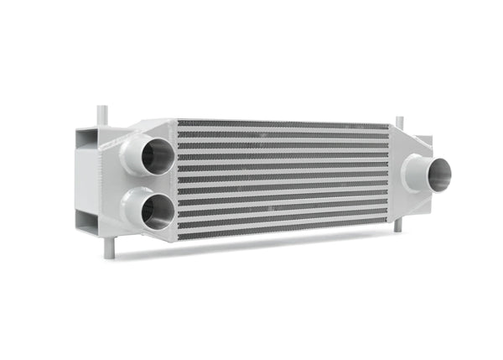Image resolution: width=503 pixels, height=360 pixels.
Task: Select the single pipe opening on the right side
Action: coord(439,174)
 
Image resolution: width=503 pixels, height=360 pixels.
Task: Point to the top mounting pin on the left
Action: coord(102,115)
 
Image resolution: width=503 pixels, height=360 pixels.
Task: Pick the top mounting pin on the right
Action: coord(398,123)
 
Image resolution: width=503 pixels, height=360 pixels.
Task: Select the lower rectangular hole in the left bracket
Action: coord(88,222)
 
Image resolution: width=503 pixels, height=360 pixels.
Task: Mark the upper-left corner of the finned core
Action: coord(179,123)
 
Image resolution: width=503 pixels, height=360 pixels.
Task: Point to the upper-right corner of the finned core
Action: coord(389,128)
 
